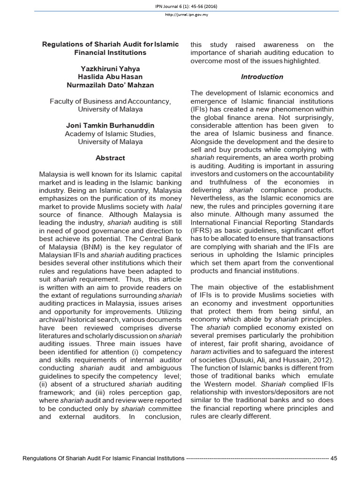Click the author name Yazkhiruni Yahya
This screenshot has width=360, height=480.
pyautogui.click(x=110, y=68)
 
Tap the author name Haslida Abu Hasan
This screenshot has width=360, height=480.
pyautogui.click(x=110, y=76)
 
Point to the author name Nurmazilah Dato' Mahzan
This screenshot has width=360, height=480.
pyautogui.click(x=110, y=85)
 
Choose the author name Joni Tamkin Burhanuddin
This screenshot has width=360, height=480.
pyautogui.click(x=110, y=125)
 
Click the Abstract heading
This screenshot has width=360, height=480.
pyautogui.click(x=110, y=158)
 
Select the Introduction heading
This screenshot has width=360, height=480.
pyautogui.click(x=262, y=76)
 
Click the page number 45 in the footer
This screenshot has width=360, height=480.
pyautogui.click(x=334, y=458)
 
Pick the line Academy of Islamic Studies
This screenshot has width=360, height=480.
pyautogui.click(x=110, y=134)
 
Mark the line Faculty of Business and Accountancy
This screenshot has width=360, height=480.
pyautogui.click(x=110, y=101)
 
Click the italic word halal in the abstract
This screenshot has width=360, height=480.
pyautogui.click(x=174, y=206)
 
